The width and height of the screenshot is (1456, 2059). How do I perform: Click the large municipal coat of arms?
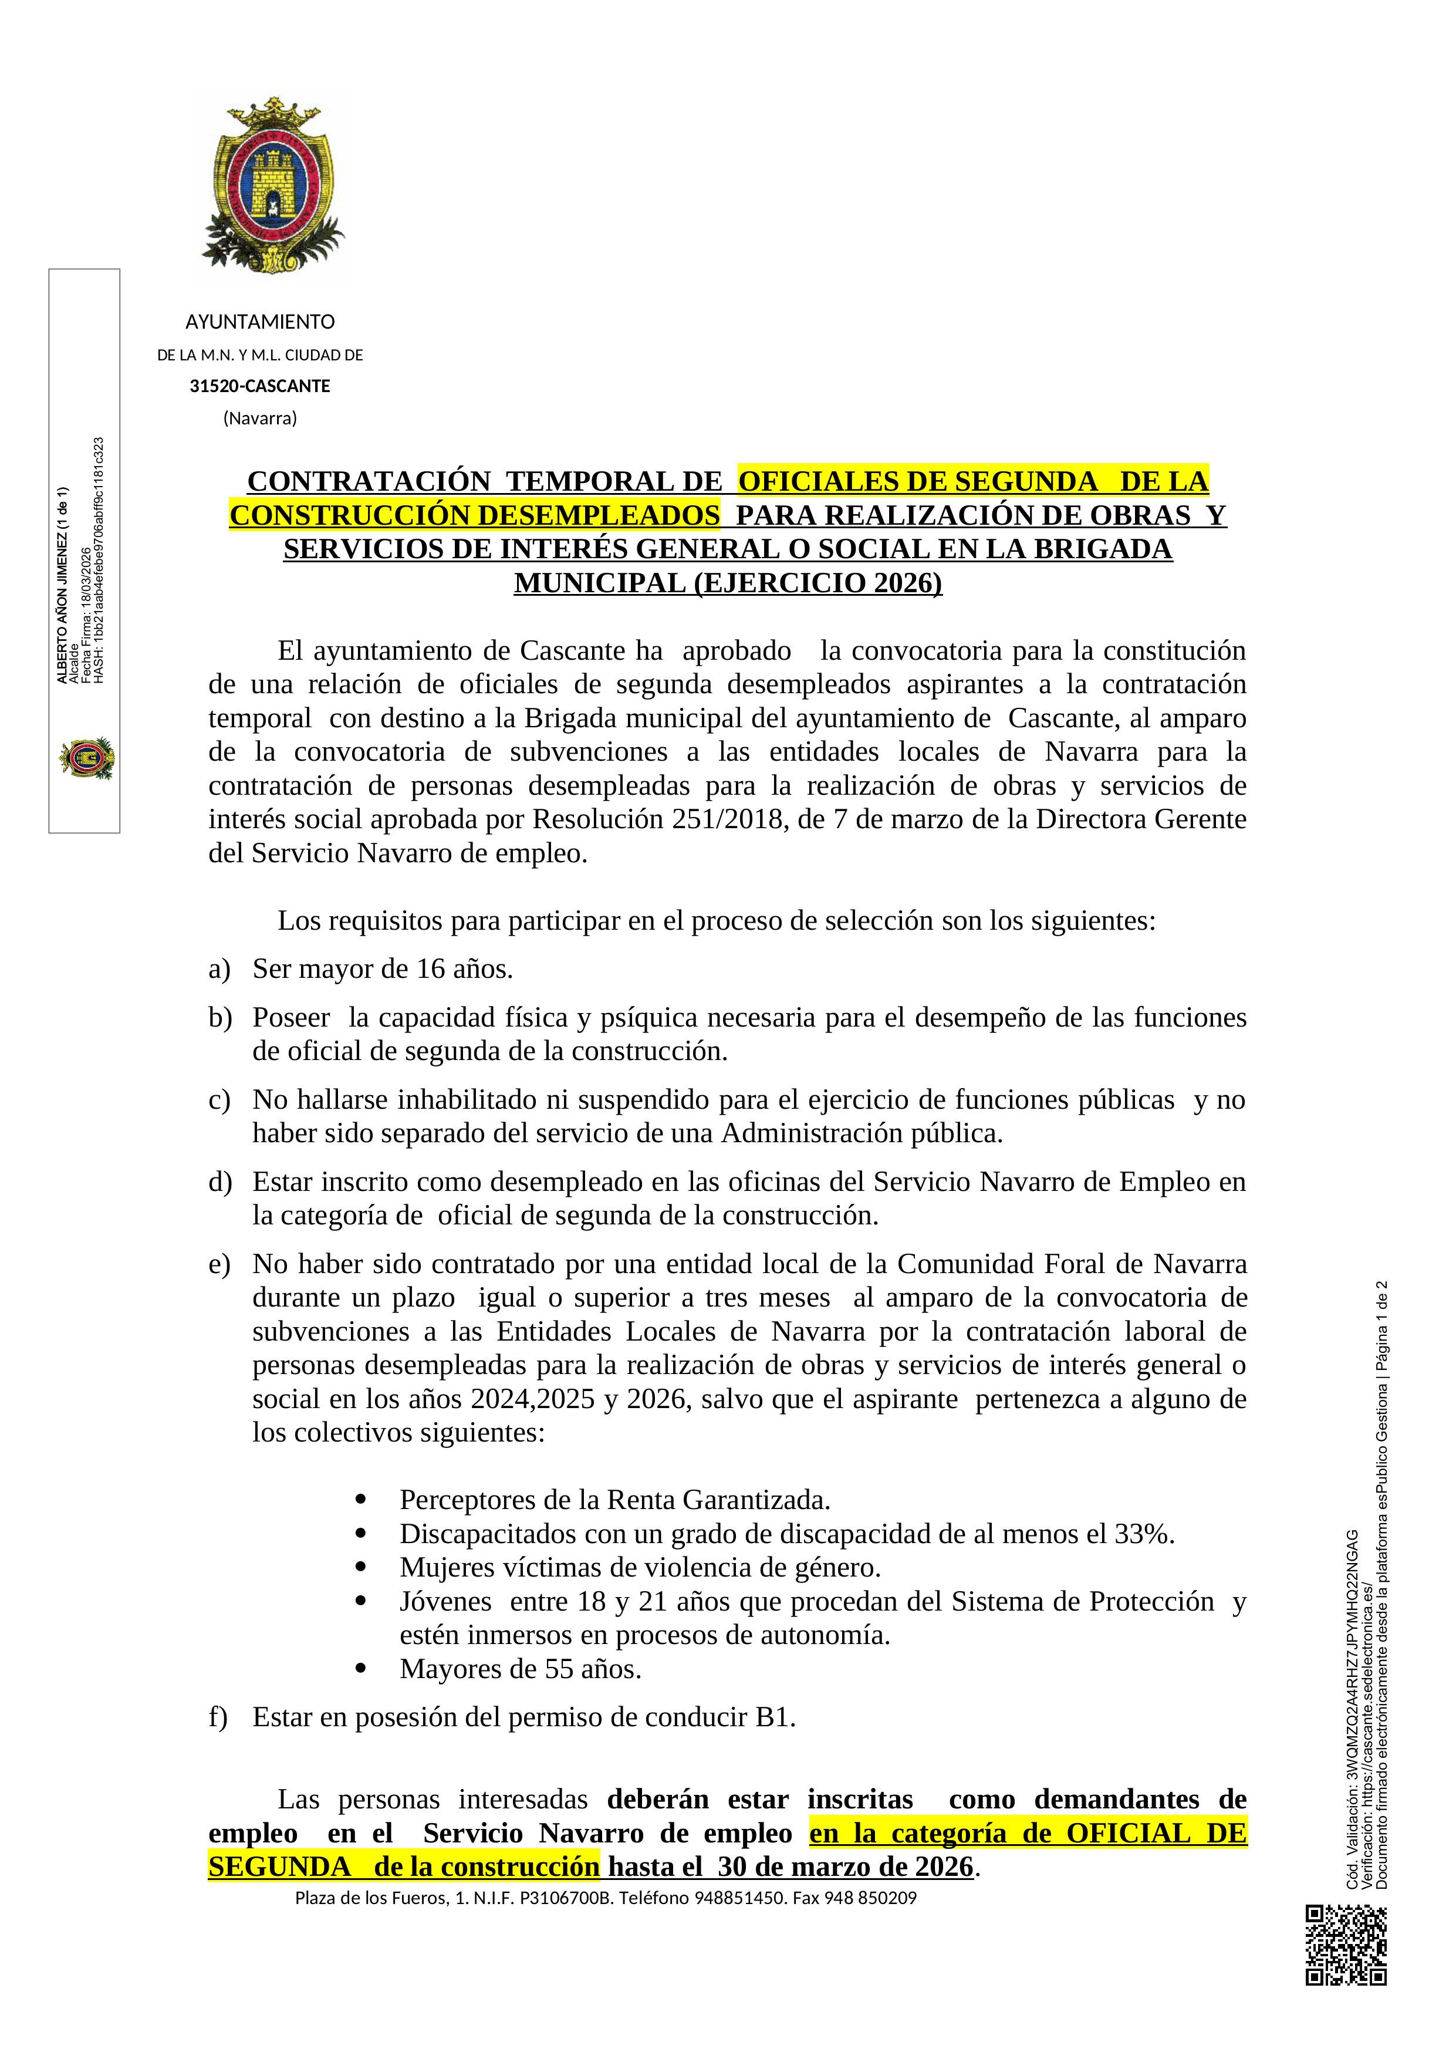click(272, 184)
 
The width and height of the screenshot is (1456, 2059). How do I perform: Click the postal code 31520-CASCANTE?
click(260, 387)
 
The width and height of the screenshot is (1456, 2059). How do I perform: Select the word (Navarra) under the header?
click(260, 418)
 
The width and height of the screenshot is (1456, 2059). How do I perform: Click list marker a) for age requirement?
click(219, 970)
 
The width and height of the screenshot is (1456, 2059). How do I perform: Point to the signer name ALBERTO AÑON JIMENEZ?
click(63, 586)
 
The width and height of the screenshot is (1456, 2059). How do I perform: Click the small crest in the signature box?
click(86, 759)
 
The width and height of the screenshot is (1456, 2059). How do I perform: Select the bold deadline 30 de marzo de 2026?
click(846, 1867)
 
